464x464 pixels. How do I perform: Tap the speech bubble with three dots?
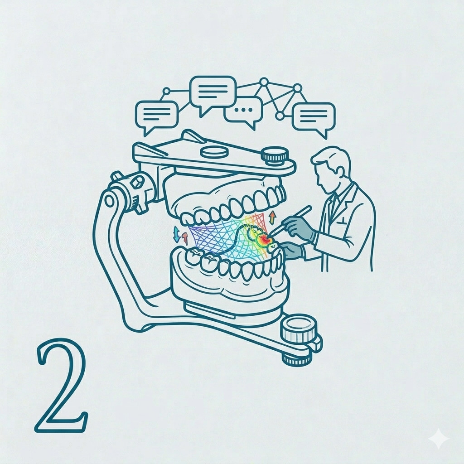[x=243, y=112]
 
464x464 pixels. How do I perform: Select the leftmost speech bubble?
[x=157, y=116]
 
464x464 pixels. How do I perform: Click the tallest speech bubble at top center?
[x=213, y=93]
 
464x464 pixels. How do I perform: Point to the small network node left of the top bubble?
[x=167, y=91]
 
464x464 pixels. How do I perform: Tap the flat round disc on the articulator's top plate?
[x=214, y=152]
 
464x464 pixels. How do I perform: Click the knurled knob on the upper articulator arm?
[x=275, y=156]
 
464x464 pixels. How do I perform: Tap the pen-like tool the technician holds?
[x=291, y=219]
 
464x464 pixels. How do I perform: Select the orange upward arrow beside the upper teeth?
[x=272, y=218]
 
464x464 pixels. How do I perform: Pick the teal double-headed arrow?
[x=176, y=234]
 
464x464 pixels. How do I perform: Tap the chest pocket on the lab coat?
[x=343, y=221]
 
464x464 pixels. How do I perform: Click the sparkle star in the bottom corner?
[x=439, y=439]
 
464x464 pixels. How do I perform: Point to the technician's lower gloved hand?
[x=291, y=250]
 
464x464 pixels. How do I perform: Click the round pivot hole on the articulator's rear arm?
[x=110, y=201]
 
